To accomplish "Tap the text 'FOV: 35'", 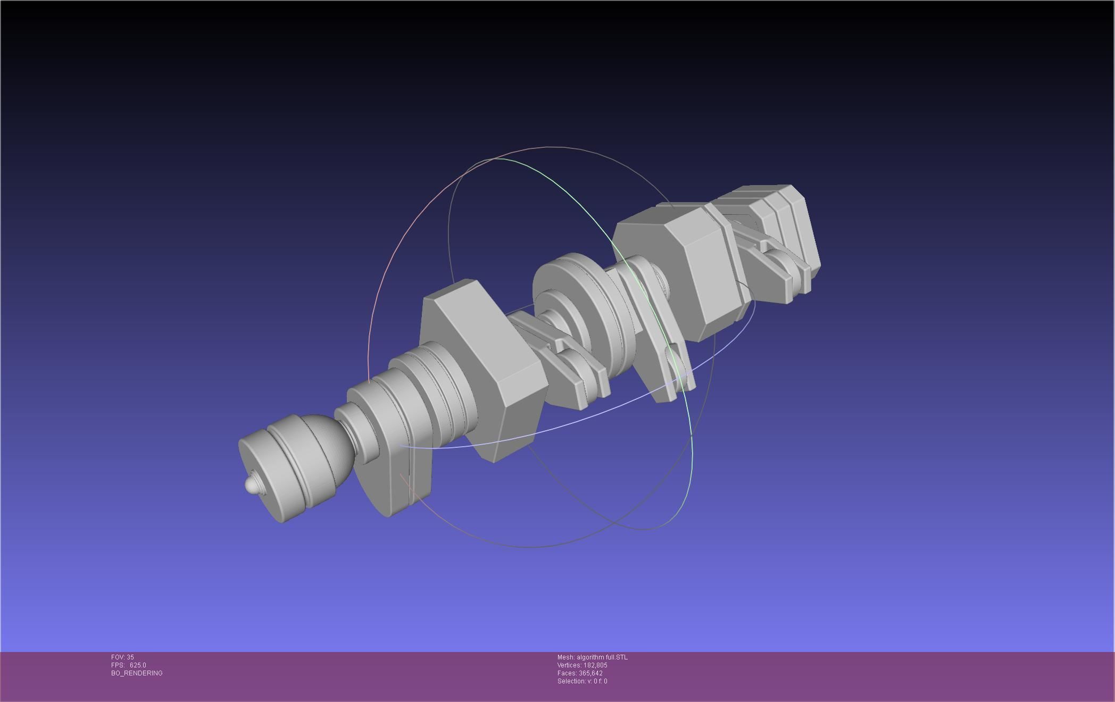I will pos(122,657).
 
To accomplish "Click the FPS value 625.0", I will pos(138,665).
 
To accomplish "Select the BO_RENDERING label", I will pos(137,673).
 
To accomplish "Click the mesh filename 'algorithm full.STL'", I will pos(602,657).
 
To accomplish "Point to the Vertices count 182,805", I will pos(595,665).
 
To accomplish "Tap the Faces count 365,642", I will pos(590,673).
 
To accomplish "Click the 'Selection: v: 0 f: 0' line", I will pos(582,681).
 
